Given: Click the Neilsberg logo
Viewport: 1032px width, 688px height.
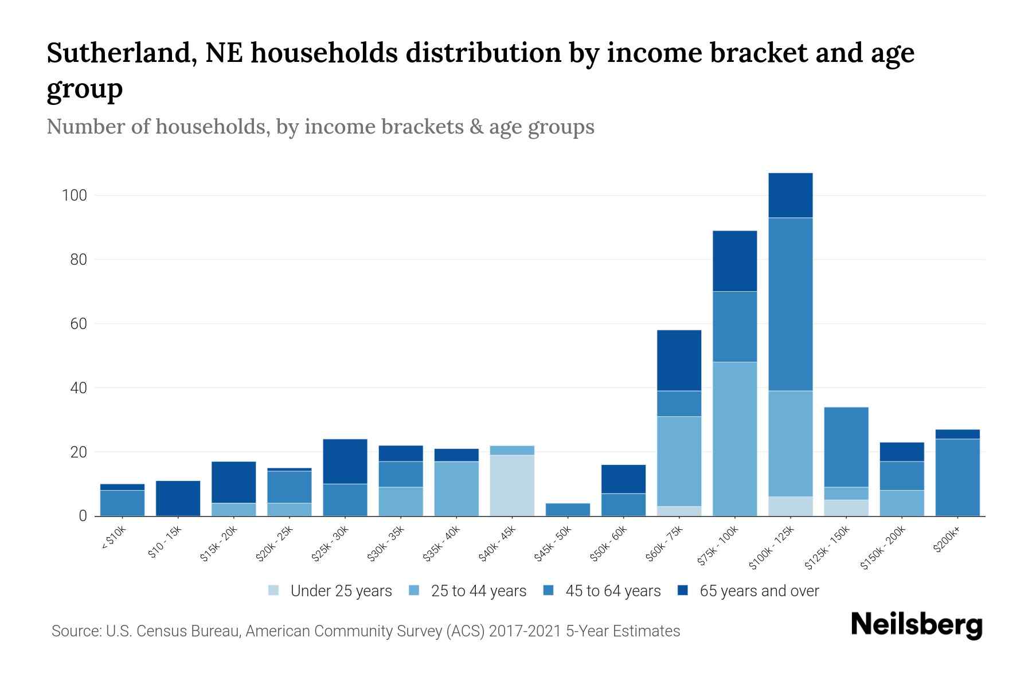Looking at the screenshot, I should point(916,625).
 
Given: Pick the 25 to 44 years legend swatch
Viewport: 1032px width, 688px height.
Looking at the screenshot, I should point(414,591).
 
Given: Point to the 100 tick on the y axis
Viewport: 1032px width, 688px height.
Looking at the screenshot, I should point(74,196).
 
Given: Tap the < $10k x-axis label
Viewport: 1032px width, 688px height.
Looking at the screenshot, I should point(114,540).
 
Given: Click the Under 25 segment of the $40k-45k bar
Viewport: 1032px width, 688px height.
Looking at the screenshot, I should point(512,485).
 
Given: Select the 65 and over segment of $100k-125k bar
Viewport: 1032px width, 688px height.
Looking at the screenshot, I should point(790,196).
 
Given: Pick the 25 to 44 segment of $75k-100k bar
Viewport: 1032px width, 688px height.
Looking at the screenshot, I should point(734,439).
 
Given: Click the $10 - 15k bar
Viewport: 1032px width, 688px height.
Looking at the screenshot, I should point(178,498).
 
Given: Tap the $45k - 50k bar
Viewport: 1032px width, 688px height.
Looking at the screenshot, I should point(568,509).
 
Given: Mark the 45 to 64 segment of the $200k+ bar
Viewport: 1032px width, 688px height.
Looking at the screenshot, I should point(957,477).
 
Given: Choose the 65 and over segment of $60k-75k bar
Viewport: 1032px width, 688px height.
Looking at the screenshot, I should point(679,360).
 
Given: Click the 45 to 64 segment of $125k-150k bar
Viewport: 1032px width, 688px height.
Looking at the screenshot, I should point(846,447).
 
